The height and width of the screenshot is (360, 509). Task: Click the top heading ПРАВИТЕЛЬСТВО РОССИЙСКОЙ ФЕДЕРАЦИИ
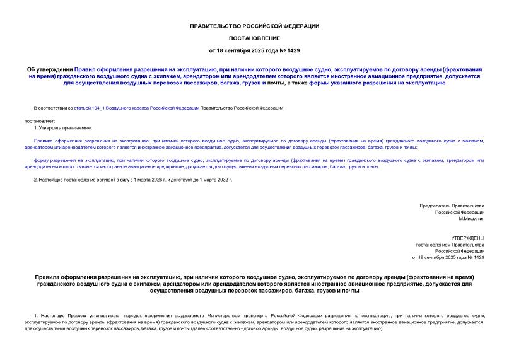click(254, 26)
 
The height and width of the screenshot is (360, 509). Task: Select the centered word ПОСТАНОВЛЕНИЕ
click(254, 38)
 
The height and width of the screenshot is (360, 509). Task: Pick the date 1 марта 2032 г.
click(216, 180)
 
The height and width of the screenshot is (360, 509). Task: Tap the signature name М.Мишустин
click(471, 218)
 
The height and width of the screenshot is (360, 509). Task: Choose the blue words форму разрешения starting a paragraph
click(54, 161)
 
